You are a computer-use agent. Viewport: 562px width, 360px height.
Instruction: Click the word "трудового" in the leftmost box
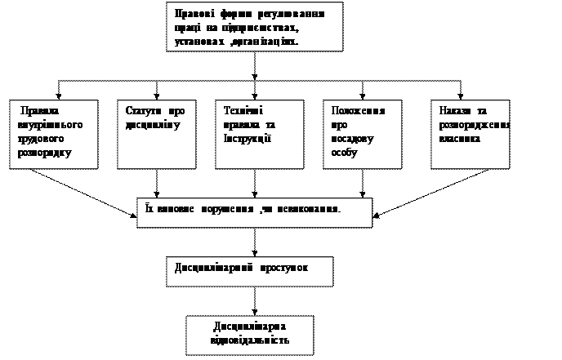point(45,139)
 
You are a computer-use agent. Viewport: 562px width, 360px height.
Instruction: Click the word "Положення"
point(359,111)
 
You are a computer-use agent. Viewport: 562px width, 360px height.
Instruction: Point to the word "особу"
point(346,153)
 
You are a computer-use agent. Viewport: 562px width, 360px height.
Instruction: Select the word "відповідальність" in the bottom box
point(250,339)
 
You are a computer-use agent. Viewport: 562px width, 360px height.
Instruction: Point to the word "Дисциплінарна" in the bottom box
point(250,326)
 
